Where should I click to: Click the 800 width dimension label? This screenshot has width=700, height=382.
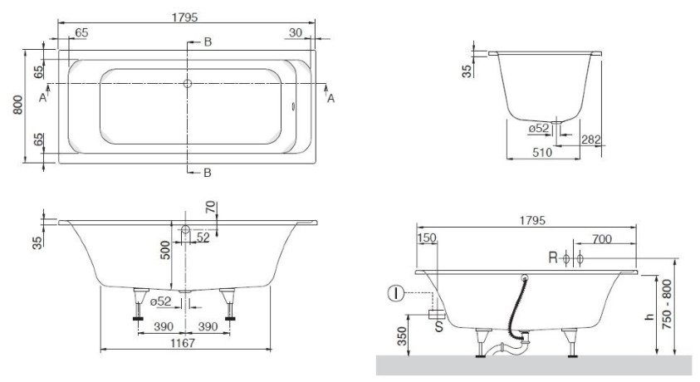(x=17, y=105)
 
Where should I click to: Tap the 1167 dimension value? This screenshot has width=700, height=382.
(x=183, y=343)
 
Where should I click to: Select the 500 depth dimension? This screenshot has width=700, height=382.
(x=165, y=250)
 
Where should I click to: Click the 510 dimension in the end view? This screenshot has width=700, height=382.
(x=542, y=153)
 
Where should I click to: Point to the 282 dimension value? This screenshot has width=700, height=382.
(x=591, y=140)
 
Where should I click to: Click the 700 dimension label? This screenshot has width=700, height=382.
(x=601, y=239)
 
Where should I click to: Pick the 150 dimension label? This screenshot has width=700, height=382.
(x=426, y=238)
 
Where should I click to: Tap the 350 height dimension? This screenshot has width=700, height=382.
(x=402, y=336)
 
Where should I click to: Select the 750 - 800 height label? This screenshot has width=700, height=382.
(x=667, y=304)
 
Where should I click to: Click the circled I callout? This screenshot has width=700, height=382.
(x=395, y=294)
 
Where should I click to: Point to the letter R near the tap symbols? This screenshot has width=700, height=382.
(x=553, y=257)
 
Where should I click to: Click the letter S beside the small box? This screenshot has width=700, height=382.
(x=438, y=326)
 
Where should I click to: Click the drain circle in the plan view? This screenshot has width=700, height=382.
(x=188, y=83)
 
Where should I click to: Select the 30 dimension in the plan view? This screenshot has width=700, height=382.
(x=296, y=32)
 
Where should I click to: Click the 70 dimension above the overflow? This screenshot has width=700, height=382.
(x=211, y=207)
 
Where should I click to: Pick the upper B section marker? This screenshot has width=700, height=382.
(x=208, y=42)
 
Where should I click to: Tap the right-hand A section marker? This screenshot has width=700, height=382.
(x=330, y=98)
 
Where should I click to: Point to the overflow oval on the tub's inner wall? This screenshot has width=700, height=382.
(x=293, y=106)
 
